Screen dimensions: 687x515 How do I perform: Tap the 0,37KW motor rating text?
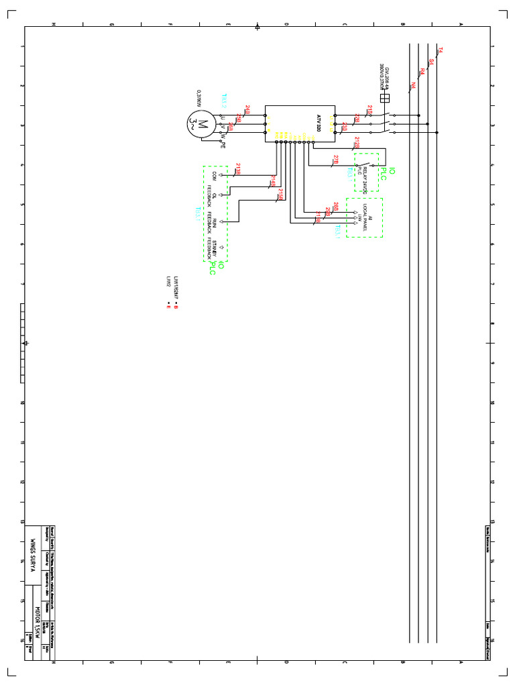click(199, 97)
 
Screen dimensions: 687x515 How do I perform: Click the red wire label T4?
click(441, 50)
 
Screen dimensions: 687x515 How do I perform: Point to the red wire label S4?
click(431, 61)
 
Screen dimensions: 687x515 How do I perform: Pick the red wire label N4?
click(413, 86)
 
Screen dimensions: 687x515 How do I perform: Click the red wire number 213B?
click(238, 168)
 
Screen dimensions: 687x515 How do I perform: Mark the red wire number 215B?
click(280, 195)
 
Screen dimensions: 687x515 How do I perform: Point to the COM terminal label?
click(214, 175)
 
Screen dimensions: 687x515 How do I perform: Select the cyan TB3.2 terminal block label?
click(225, 100)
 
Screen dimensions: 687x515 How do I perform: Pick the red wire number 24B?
click(248, 109)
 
